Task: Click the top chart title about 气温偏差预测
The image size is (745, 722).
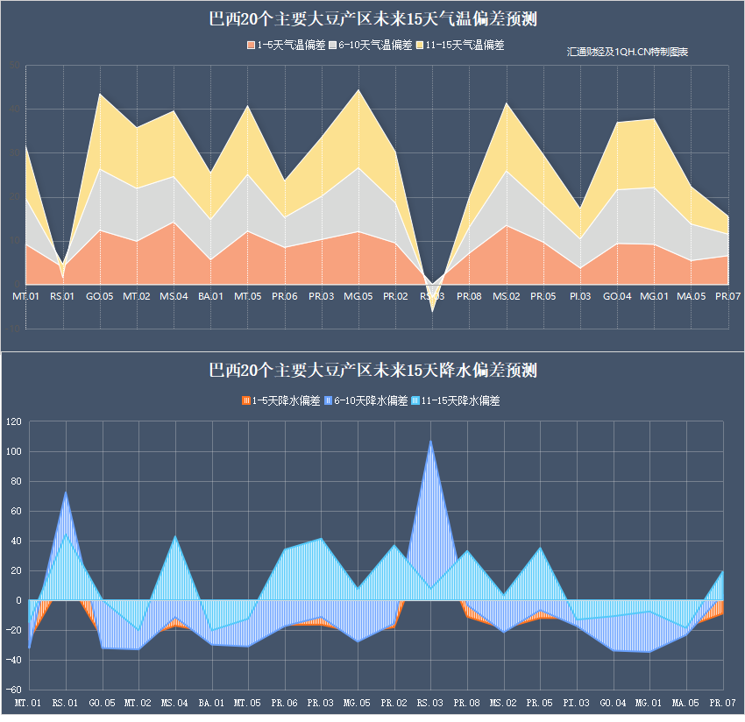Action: tap(372, 18)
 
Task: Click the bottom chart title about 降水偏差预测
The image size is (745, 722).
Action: tap(372, 371)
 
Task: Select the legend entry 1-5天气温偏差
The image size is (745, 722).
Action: tap(286, 46)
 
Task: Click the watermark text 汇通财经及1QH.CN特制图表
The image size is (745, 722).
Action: tap(628, 53)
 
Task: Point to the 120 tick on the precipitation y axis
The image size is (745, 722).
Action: tap(13, 422)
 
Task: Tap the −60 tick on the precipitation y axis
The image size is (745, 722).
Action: tap(13, 690)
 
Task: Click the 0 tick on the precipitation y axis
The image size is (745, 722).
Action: tap(18, 600)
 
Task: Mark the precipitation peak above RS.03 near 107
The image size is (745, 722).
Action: tap(430, 442)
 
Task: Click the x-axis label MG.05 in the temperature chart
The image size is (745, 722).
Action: tap(358, 296)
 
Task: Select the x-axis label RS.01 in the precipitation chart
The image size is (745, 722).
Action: tap(65, 703)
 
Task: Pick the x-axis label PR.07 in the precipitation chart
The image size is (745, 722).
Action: tap(722, 703)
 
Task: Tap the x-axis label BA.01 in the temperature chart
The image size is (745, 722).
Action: tap(210, 296)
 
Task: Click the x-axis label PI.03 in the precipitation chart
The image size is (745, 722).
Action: tap(576, 703)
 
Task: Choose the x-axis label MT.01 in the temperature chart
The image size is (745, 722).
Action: tap(25, 296)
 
